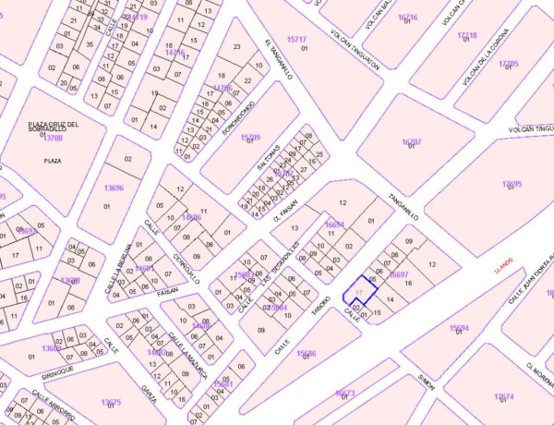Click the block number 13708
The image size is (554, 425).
(54, 137)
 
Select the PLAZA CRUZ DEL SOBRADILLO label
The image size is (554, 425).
(54, 127)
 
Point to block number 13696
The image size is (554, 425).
(114, 188)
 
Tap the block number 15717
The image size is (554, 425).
(296, 40)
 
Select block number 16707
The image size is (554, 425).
(412, 141)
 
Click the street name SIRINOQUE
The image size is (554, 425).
(56, 369)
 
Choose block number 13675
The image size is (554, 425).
(111, 402)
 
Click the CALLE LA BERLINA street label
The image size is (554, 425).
(120, 267)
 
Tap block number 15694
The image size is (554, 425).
(459, 327)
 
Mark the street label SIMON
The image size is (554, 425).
(426, 382)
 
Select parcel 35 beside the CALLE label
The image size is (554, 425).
(90, 42)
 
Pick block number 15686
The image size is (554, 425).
(307, 353)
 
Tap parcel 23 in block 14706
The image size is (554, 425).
(237, 46)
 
